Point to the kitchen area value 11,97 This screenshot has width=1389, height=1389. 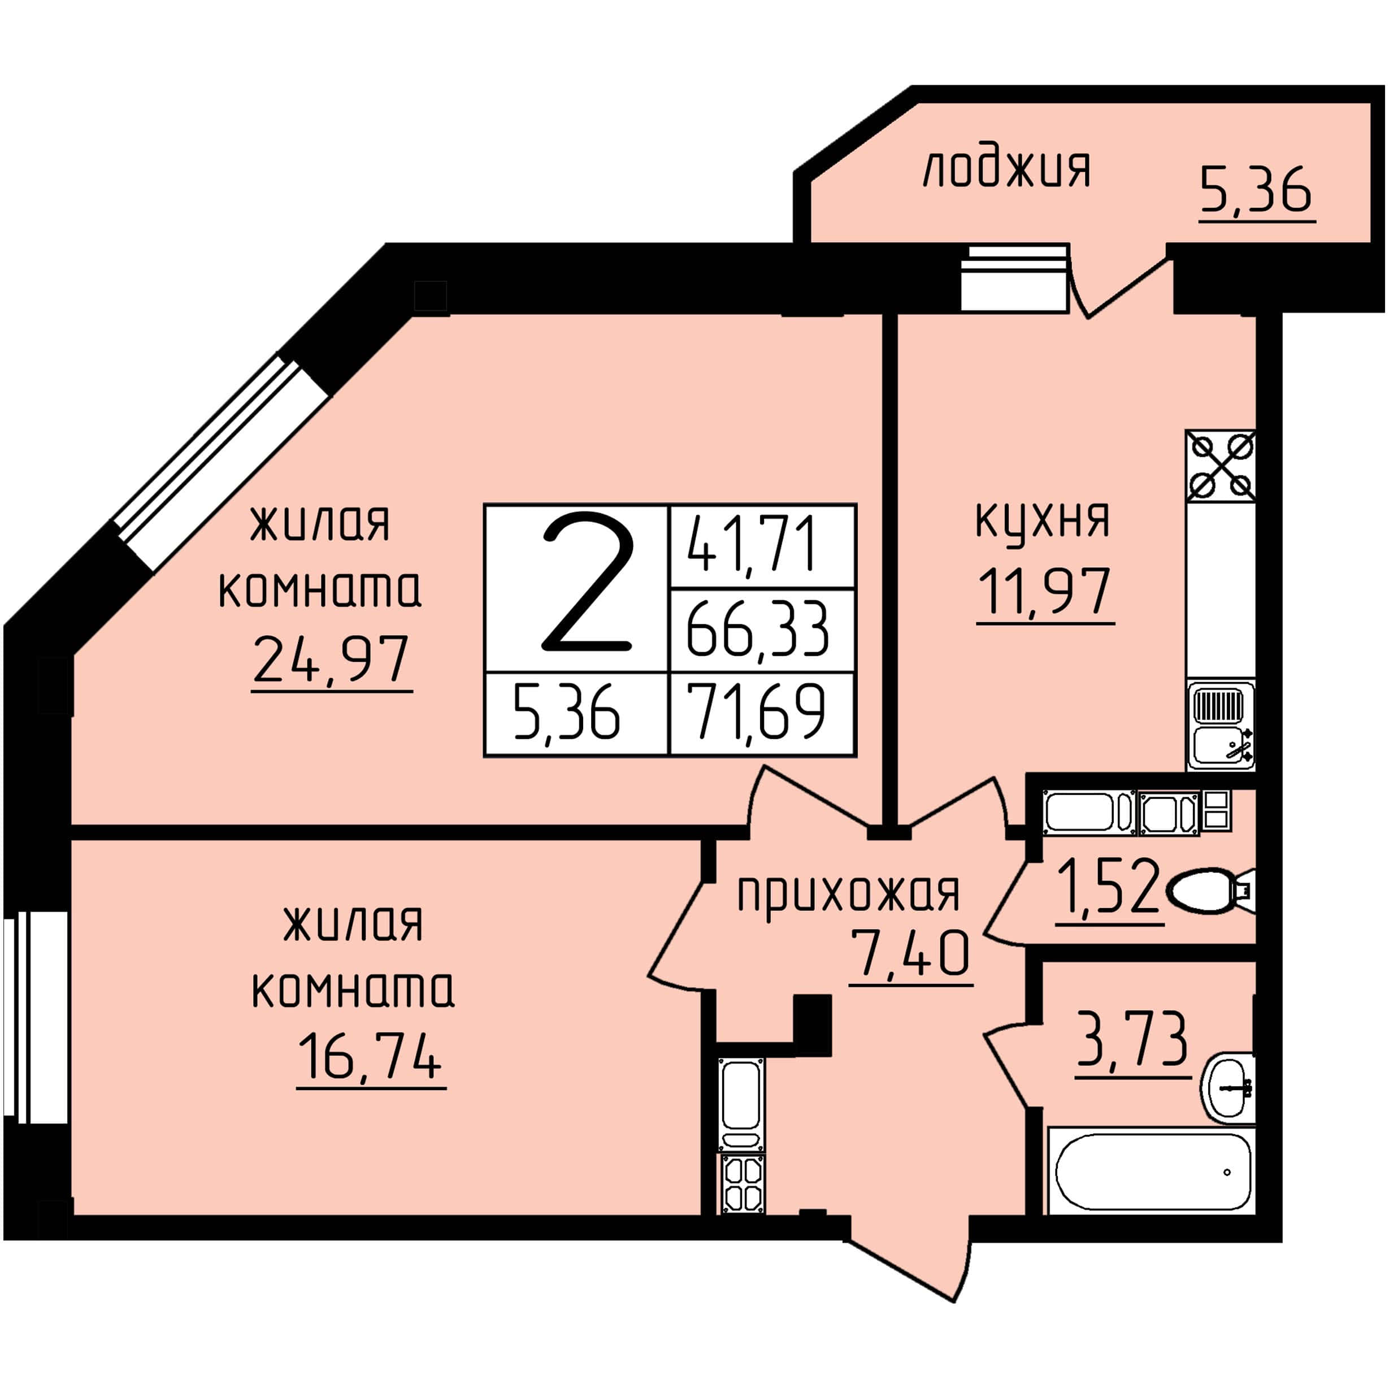[1045, 591]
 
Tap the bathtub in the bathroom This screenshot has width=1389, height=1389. [1151, 1171]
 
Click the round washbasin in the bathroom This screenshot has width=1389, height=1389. [1229, 1088]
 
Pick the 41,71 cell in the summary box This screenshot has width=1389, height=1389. [752, 546]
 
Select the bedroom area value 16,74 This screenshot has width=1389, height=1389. [370, 1056]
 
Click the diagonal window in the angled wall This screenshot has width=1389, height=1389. [222, 464]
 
